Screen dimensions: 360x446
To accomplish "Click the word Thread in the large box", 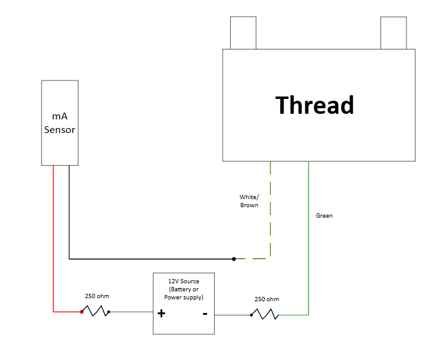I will (314, 105).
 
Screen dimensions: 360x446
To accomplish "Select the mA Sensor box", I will (59, 122).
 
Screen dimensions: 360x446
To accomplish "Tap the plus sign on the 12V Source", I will (161, 314).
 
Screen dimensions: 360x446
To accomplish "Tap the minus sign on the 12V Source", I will (205, 313).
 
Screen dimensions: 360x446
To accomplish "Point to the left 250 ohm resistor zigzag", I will (95, 311).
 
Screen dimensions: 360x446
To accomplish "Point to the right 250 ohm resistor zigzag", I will (265, 314).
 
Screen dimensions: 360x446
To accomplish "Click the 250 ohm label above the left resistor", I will (97, 296).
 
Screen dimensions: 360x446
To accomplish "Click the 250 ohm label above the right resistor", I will (267, 299).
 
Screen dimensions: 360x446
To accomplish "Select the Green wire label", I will (324, 216).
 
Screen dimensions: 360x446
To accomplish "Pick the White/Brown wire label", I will (249, 201).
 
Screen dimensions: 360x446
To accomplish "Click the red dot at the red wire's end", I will (81, 312).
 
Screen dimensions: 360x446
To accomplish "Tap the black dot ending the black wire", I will (234, 259).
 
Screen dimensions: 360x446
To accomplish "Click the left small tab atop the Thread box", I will (242, 33).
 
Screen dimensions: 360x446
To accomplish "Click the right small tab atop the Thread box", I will (393, 33).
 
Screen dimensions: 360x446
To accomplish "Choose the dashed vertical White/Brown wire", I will (270, 210).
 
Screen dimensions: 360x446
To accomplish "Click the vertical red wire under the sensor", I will (53, 241).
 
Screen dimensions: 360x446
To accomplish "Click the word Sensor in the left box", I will (59, 130).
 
